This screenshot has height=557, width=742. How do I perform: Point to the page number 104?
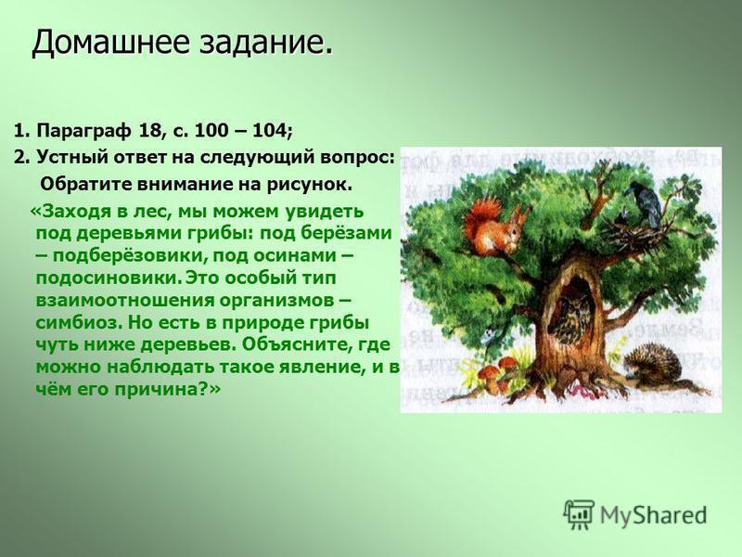(269, 130)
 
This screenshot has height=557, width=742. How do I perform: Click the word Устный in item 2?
(65, 157)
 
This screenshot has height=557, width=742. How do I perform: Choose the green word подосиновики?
(108, 278)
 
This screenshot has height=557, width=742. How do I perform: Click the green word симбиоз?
(76, 323)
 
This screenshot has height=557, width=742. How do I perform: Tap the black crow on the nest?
(642, 202)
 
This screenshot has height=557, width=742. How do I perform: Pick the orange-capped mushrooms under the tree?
(498, 372)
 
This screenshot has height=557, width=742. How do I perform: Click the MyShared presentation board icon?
(579, 514)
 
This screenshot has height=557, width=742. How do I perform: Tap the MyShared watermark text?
(654, 515)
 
